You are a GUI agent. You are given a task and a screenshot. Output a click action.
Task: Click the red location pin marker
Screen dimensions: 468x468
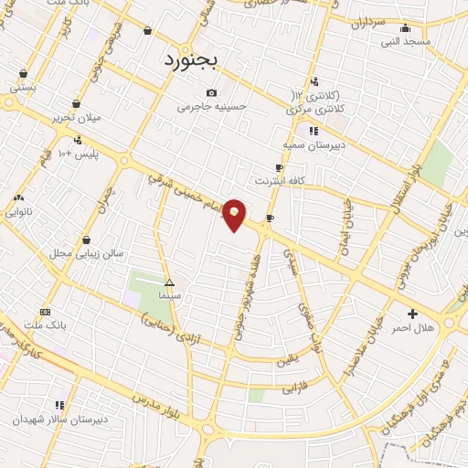[235, 215]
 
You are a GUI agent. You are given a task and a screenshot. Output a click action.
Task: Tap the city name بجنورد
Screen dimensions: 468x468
[191, 60]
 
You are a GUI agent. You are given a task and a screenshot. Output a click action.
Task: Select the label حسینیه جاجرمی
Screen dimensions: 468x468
[212, 107]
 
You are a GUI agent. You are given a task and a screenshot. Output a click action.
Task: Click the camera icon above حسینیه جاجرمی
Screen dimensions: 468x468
[212, 92]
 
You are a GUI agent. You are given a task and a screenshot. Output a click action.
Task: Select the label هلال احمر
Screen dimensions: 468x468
[413, 327]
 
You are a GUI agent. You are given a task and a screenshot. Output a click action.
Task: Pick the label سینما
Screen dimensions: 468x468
[169, 296]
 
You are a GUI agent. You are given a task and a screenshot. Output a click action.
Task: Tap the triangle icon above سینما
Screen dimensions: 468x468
[169, 282]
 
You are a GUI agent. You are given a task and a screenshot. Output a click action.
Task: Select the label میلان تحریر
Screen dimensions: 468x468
[76, 118]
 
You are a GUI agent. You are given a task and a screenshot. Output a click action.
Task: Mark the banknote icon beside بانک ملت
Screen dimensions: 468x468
[46, 312]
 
